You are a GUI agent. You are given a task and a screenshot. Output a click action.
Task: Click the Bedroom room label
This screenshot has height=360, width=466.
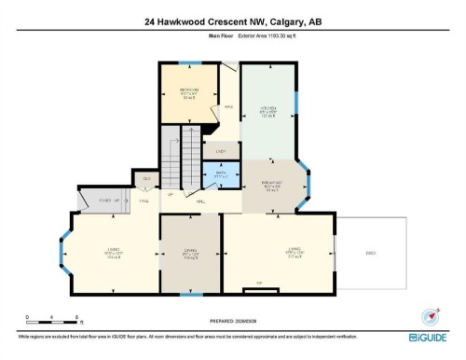tap(189, 91)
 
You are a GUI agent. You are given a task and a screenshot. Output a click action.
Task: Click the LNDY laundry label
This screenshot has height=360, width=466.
tap(221, 150)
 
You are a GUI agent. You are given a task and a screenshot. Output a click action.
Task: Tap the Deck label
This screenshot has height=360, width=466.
tap(371, 252)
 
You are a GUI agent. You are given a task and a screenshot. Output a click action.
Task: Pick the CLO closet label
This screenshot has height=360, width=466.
tap(146, 177)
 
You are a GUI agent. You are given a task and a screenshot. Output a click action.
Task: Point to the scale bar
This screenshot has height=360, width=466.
tap(54, 320)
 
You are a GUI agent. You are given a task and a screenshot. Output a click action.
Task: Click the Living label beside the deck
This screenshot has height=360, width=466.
tap(295, 249)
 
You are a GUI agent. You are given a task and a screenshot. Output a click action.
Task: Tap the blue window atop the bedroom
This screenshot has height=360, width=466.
tap(190, 63)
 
